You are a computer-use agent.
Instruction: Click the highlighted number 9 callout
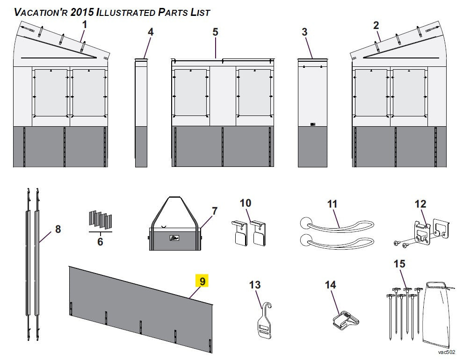pyautogui.click(x=202, y=281)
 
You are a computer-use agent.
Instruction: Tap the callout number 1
pyautogui.click(x=85, y=25)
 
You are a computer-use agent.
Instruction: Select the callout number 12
pyautogui.click(x=420, y=204)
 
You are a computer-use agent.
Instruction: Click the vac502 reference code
pyautogui.click(x=447, y=352)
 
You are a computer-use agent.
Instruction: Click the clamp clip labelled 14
pyautogui.click(x=346, y=320)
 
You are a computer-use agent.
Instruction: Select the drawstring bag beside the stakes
pyautogui.click(x=436, y=315)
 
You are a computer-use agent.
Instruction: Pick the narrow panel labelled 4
pyautogui.click(x=141, y=113)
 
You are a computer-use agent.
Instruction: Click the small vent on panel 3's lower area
pyautogui.click(x=313, y=124)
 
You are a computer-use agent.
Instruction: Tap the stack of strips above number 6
pyautogui.click(x=101, y=220)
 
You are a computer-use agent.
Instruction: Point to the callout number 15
pyautogui.click(x=399, y=264)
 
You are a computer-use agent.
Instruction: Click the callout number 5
pyautogui.click(x=215, y=32)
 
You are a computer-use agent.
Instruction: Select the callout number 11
pyautogui.click(x=332, y=204)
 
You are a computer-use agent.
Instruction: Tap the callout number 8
pyautogui.click(x=58, y=229)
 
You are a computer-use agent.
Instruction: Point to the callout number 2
pyautogui.click(x=376, y=25)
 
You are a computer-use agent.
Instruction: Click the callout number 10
pyautogui.click(x=246, y=203)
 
